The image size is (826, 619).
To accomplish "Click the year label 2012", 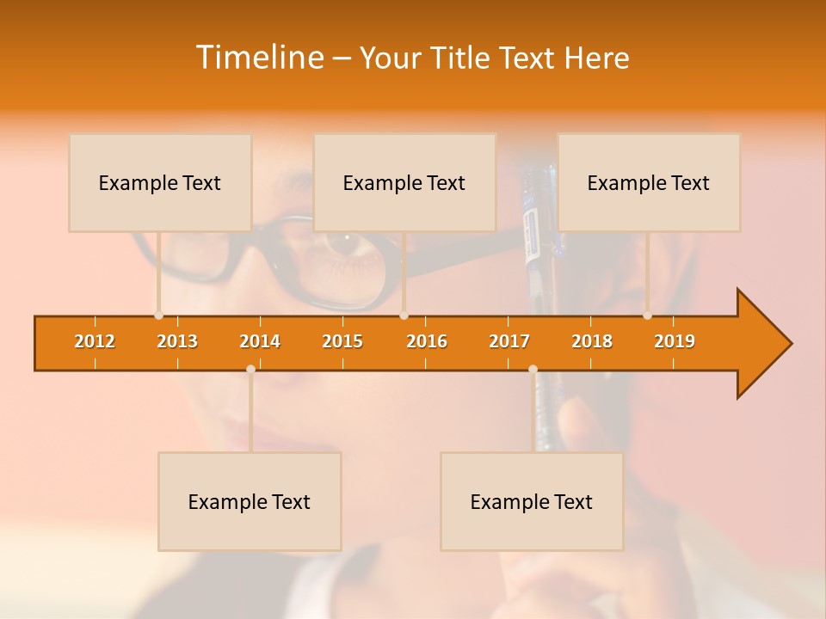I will point(95,341).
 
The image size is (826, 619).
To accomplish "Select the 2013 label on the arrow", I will point(177,341).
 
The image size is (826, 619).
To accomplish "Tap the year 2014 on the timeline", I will point(260,341).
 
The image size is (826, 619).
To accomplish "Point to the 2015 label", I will point(342,341).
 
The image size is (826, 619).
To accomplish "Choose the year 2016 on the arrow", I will point(427,341).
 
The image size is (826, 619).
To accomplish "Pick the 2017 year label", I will point(509,341).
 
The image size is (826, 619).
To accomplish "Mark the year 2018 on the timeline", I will point(592,341).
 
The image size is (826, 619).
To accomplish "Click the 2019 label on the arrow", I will point(675,341).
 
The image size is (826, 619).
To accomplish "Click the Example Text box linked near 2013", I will point(160,182).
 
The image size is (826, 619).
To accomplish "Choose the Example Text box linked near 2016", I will point(404,182).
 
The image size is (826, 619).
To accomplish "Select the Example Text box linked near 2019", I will point(649,182).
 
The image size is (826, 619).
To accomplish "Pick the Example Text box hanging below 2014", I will point(250,501).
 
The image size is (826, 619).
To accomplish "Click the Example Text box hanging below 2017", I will point(532,501).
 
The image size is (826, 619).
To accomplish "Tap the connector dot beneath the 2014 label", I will point(250,369).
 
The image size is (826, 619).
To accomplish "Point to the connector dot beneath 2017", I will point(533,369).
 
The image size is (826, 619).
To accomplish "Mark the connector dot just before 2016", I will point(404,316).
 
